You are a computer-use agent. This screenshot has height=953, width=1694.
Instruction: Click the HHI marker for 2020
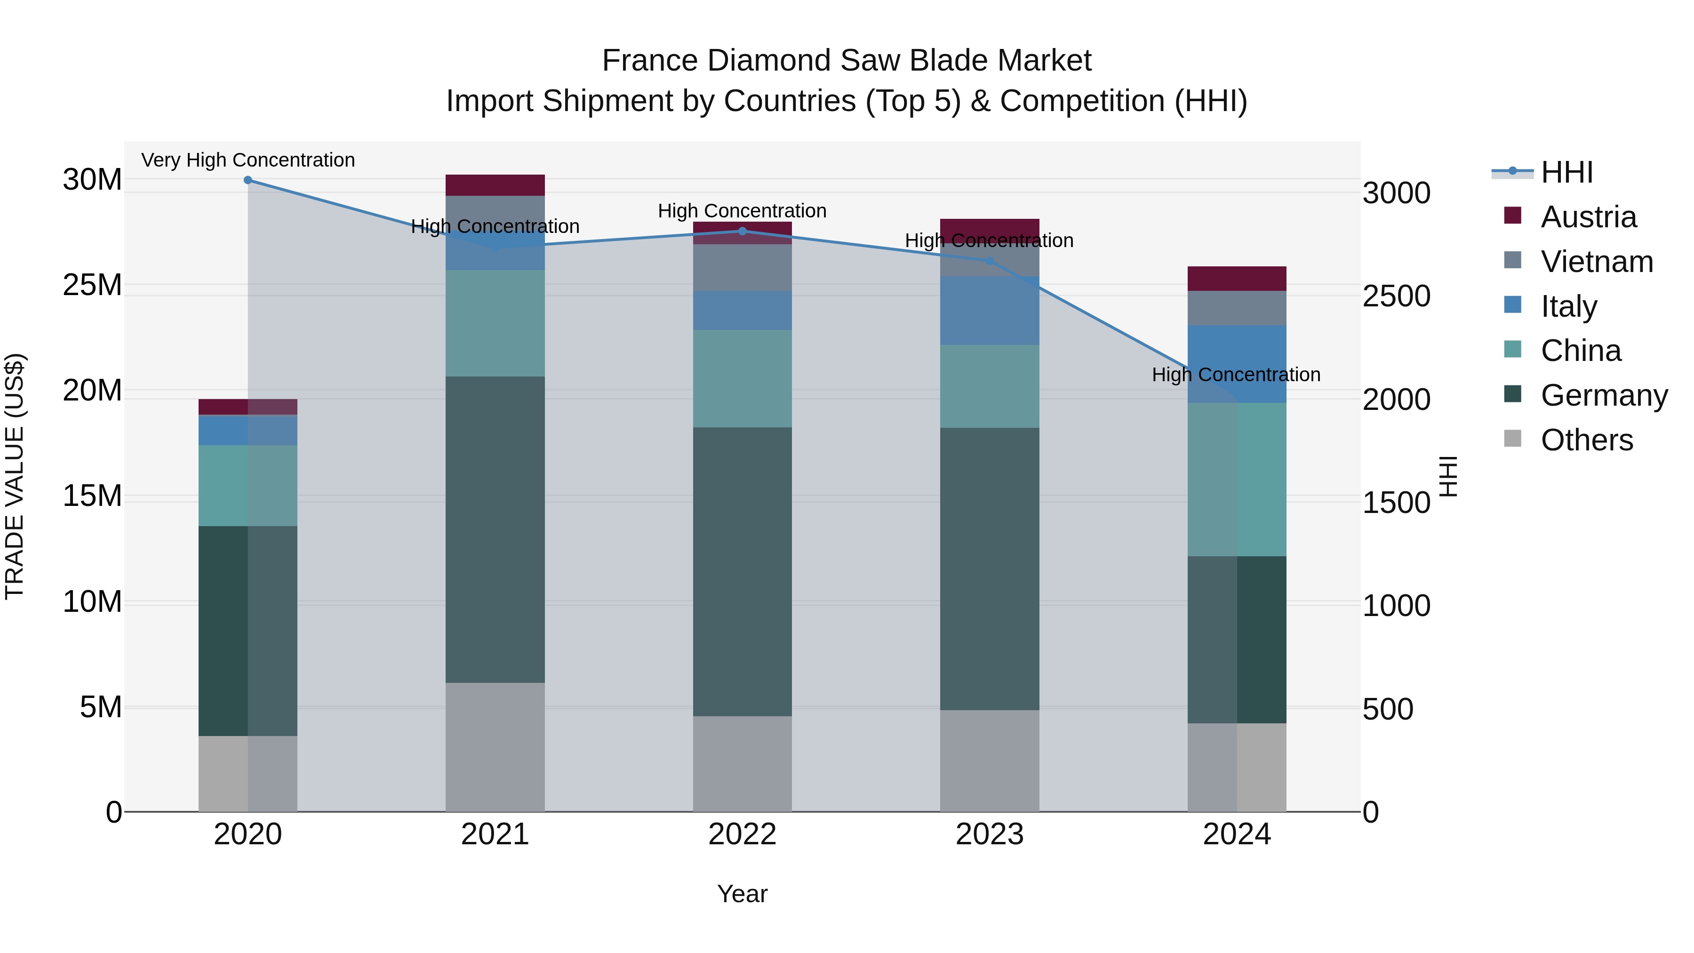tap(248, 180)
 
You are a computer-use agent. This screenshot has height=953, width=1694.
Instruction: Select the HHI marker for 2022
tap(743, 231)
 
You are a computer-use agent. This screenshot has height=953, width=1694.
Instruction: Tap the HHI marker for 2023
tap(990, 261)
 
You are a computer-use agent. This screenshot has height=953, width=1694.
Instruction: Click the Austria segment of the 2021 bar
tap(495, 185)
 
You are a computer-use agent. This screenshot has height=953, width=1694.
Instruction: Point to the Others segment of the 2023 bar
tap(990, 761)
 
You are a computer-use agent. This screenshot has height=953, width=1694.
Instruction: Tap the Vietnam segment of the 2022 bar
tap(743, 268)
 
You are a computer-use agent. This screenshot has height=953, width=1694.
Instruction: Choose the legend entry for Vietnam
tap(1597, 262)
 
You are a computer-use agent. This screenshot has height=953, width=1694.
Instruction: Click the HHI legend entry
tap(1566, 172)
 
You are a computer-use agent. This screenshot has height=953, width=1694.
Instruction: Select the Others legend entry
tap(1586, 440)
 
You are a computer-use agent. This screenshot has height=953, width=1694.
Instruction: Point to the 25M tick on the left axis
tap(92, 285)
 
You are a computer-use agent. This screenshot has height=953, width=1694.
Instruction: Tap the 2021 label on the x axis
tap(495, 834)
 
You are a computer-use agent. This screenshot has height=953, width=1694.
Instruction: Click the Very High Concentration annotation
tap(248, 160)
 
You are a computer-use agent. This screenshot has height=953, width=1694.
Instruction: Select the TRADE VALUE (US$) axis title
tap(15, 476)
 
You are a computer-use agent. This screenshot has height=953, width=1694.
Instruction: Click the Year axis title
tap(743, 894)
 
